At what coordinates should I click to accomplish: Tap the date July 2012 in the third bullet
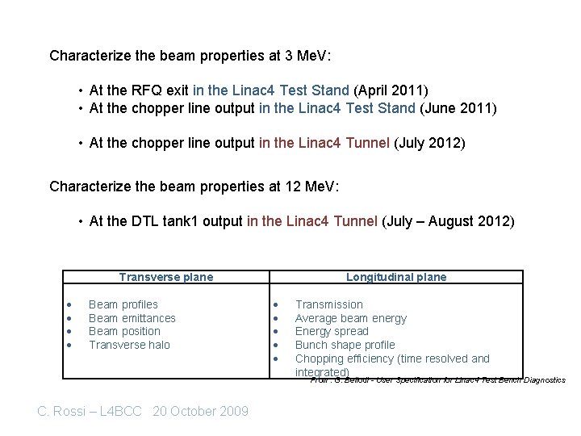[429, 143]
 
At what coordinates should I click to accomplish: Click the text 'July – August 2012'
[447, 220]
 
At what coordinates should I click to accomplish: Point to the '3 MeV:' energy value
[307, 56]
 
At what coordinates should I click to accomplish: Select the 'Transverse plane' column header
[166, 277]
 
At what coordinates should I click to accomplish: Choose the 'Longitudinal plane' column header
[396, 277]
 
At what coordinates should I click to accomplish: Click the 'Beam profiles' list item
[123, 304]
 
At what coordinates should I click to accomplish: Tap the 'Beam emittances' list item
[132, 318]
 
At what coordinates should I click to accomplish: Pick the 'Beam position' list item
[124, 331]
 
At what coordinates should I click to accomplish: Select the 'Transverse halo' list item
[129, 345]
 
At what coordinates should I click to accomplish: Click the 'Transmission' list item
[329, 304]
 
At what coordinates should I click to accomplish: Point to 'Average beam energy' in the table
[351, 318]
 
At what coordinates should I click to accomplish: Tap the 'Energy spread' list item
[332, 331]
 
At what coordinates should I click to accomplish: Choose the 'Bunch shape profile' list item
[345, 345]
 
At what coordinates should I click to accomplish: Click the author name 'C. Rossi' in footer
[65, 411]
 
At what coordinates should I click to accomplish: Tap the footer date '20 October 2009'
[200, 411]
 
